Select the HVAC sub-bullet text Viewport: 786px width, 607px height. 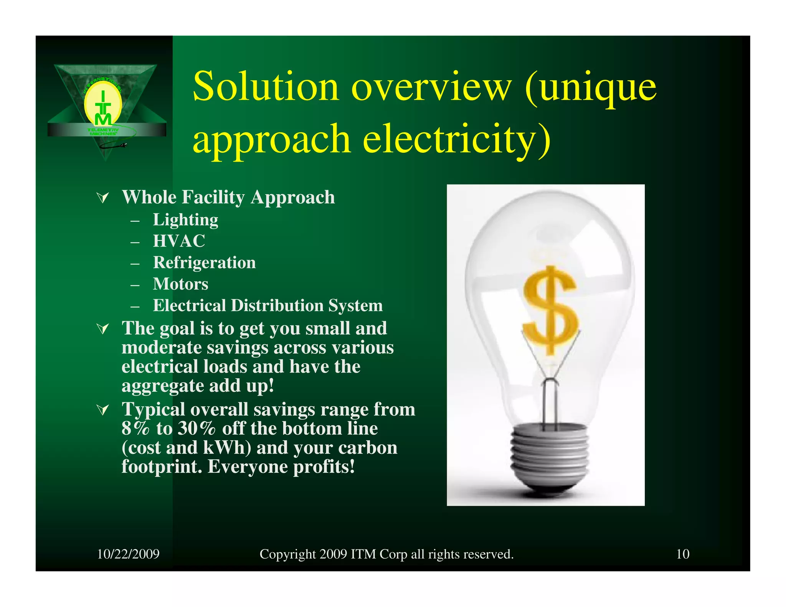pyautogui.click(x=179, y=241)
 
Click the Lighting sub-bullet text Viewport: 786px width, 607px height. pyautogui.click(x=185, y=220)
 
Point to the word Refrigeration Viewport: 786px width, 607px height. pyautogui.click(x=204, y=263)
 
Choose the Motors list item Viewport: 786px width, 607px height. pyautogui.click(x=180, y=284)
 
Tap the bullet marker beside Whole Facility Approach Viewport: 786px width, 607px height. pyautogui.click(x=103, y=198)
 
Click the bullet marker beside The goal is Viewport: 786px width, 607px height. pyautogui.click(x=103, y=329)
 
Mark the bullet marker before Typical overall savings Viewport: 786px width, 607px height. pyautogui.click(x=103, y=410)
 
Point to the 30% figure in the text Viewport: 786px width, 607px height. pyautogui.click(x=196, y=429)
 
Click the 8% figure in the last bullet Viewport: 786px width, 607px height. pyautogui.click(x=135, y=429)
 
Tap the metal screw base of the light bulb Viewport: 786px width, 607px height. pyautogui.click(x=550, y=453)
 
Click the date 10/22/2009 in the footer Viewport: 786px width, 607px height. pyautogui.click(x=128, y=554)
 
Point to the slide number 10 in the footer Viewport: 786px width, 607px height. pyautogui.click(x=682, y=554)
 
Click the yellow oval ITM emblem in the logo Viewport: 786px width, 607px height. pyautogui.click(x=103, y=104)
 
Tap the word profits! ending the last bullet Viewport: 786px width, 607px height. pyautogui.click(x=324, y=467)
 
